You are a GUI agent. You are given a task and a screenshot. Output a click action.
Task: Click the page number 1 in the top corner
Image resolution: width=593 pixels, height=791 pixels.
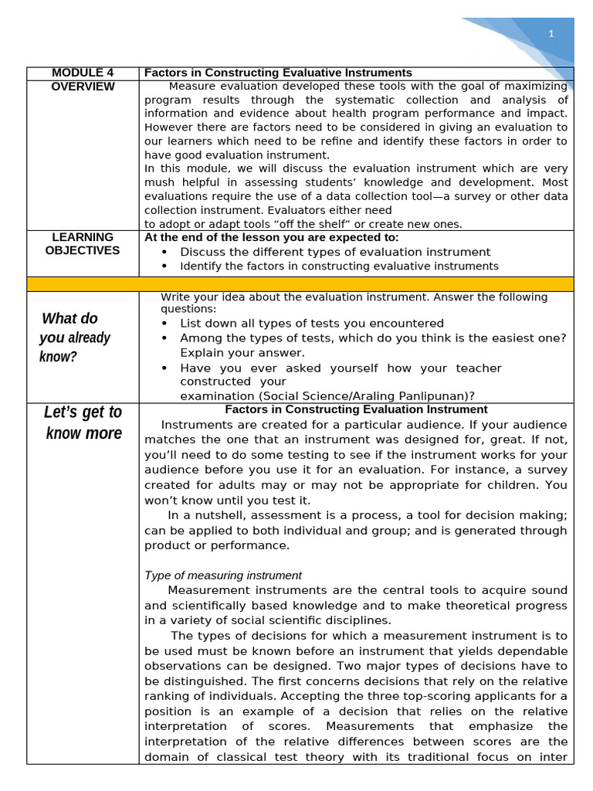(551, 33)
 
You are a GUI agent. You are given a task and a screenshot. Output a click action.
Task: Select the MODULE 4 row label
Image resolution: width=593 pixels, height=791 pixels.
(83, 73)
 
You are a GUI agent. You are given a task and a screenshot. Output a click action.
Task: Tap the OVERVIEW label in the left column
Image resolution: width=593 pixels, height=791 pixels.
(83, 87)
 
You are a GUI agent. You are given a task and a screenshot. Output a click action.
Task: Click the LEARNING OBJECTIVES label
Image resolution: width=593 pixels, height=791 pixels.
(83, 243)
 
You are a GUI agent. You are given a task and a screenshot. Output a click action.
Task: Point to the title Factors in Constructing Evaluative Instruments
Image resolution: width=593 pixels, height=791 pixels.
(278, 73)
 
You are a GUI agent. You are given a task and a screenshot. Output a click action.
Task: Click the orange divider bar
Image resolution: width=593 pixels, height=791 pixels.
(300, 283)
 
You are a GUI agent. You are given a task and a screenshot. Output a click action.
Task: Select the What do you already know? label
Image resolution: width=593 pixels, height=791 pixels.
(76, 338)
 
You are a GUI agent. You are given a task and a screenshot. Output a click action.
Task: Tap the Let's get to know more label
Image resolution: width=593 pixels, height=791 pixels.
(83, 423)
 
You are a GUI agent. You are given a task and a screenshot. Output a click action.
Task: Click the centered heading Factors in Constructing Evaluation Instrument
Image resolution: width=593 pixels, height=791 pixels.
(356, 409)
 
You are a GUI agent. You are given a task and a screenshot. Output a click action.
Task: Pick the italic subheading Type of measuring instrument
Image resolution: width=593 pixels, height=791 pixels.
(222, 575)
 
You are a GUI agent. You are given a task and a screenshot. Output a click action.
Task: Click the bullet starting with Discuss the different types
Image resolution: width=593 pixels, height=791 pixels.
(334, 252)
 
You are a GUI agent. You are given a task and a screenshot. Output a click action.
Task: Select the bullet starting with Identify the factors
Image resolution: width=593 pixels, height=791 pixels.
(339, 266)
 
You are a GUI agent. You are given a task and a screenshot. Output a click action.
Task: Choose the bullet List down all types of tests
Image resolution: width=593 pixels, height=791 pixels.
(311, 323)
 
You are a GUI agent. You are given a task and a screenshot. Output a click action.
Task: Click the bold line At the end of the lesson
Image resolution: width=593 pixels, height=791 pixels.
(272, 237)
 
